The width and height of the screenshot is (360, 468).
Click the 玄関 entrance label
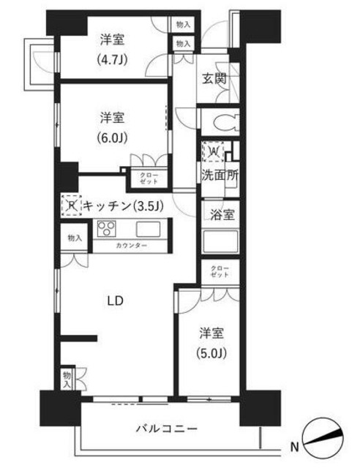point(215,78)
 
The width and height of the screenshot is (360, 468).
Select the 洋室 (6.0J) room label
point(113,127)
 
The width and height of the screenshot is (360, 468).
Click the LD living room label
point(113,301)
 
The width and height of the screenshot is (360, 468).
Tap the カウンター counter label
point(131,245)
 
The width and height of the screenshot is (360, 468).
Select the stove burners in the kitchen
point(106,227)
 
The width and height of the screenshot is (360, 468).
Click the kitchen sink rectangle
point(148,227)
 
